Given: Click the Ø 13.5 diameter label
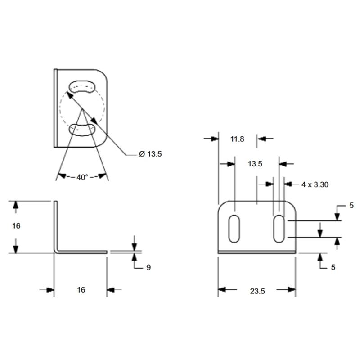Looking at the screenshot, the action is pos(150,154).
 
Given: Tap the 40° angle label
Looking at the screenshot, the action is pos(82,177).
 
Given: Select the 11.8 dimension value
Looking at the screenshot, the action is pos(237,139).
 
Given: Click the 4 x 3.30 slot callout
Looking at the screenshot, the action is pos(315,184).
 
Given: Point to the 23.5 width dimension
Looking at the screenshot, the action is pos(257,291).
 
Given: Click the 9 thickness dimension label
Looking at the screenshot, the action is pos(148,267).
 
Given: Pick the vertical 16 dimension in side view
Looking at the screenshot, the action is pos(16,226).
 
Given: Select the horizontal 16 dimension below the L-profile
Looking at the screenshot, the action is pos(81,290).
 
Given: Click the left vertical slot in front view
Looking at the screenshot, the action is pos(234,229).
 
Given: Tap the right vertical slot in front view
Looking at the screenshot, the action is pos(279,229).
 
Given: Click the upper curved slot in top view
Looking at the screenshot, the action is pos(82,87).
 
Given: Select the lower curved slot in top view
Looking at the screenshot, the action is pos(82,130).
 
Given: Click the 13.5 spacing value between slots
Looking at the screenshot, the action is pos(255,164).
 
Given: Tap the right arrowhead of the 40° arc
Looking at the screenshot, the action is pos(103,176).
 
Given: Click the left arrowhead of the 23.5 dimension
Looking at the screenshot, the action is pos(222,289).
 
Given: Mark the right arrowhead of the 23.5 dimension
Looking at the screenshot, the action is pos(292,289).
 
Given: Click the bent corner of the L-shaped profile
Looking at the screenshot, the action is pos(56,251).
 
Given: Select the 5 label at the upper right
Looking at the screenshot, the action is pos(351,206).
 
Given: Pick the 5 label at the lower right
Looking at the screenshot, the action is pos(333,267).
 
